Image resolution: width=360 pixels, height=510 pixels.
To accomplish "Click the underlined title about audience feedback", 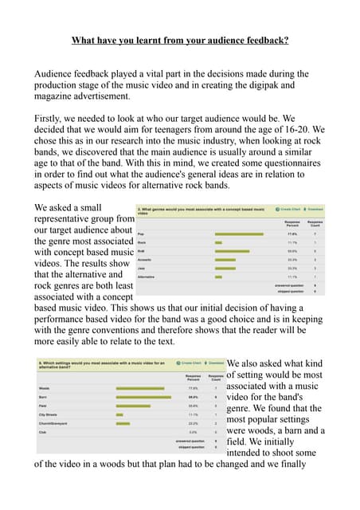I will pos(180,39).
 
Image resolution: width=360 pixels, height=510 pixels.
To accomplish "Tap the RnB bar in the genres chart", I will pos(232,251).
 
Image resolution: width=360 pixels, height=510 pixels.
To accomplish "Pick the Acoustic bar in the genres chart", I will pos(225,260).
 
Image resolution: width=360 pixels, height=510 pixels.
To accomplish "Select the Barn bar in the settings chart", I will pos(143,396).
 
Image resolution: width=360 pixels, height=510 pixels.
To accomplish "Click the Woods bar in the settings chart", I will pos(139,387).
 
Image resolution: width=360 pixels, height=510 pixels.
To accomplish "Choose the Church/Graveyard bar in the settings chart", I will pos(122,423).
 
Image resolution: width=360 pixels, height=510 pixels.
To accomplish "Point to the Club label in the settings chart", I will pos(43,432).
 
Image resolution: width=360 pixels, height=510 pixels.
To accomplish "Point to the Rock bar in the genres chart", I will pos(218,242).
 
